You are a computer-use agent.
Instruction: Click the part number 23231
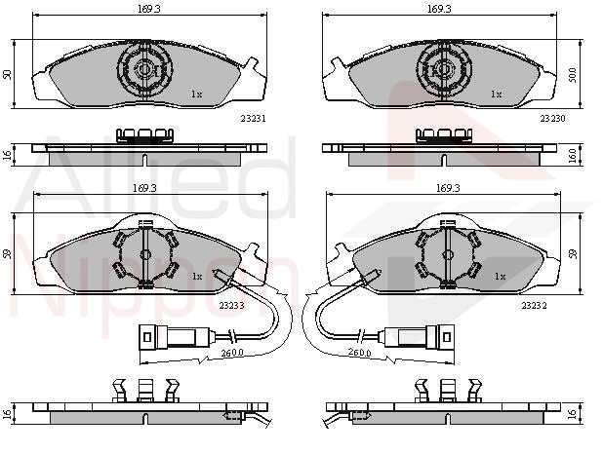point(253,119)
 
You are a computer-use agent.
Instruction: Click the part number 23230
point(552,119)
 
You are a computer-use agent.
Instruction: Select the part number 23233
point(231,306)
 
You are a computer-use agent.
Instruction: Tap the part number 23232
point(534,306)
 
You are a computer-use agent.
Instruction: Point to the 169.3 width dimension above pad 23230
point(439,9)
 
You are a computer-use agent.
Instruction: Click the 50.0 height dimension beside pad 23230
point(573,75)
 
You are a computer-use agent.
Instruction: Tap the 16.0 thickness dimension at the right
point(573,156)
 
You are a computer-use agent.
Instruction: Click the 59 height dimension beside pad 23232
point(574,254)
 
